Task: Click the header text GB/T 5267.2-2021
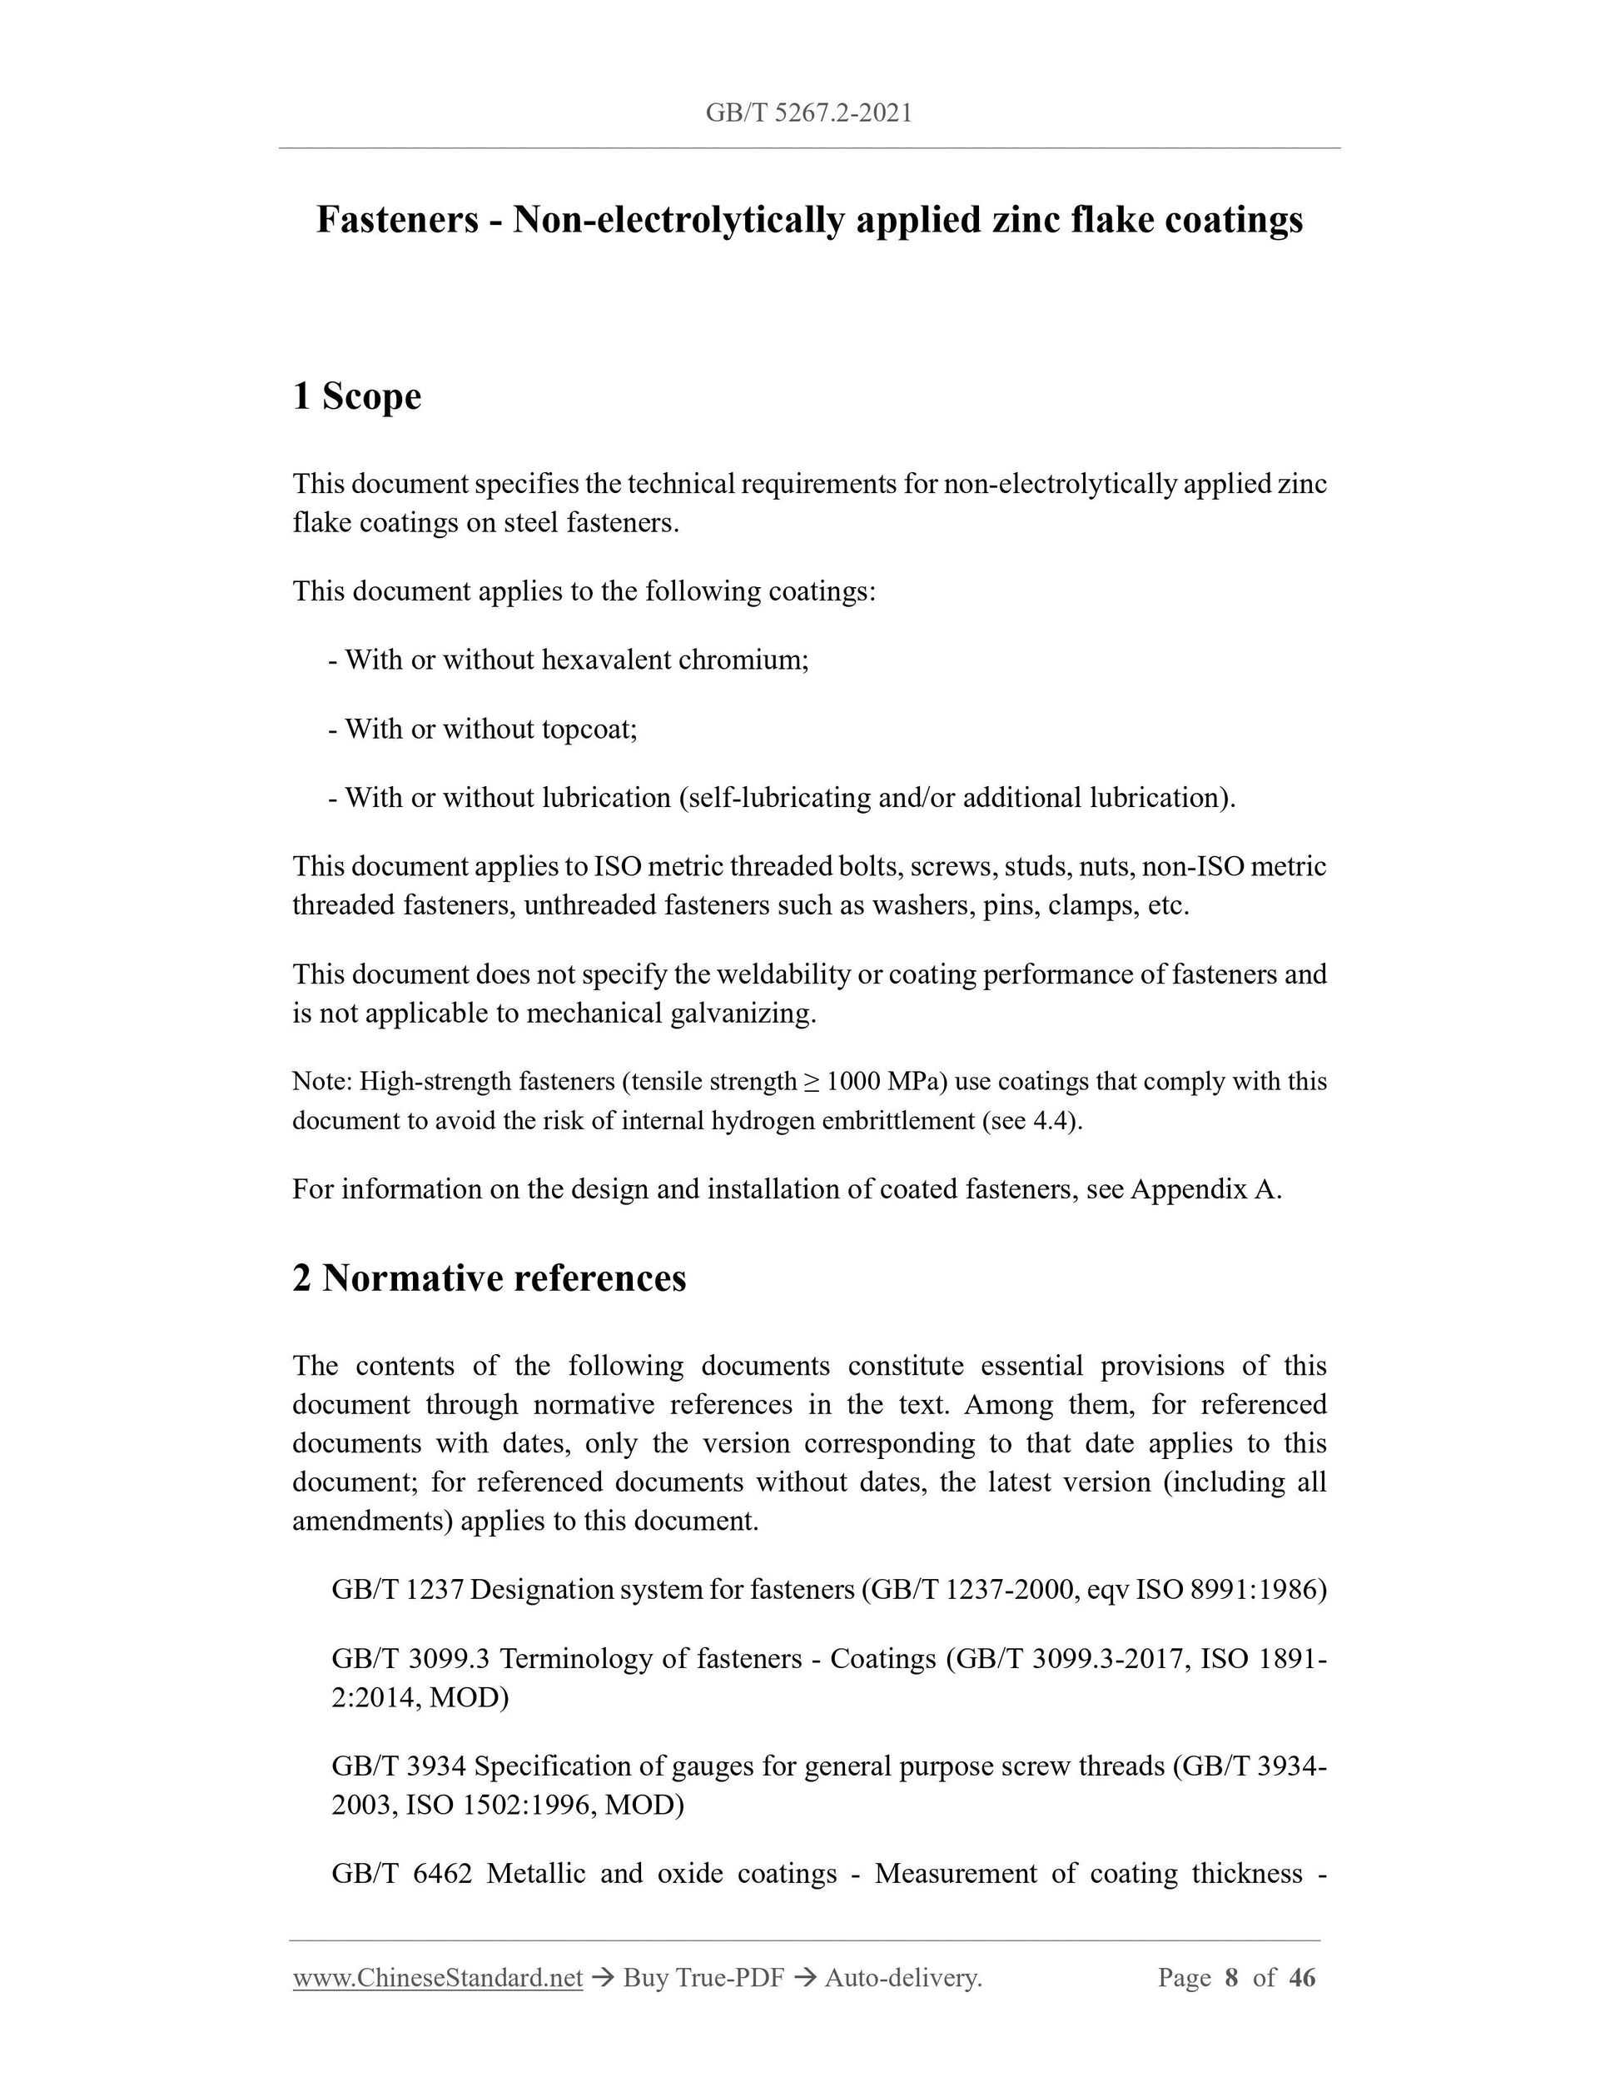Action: [808, 113]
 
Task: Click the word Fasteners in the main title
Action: [397, 220]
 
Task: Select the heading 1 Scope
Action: [356, 396]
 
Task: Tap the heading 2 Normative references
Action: [489, 1278]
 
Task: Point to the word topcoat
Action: [589, 729]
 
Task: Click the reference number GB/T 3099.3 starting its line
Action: [410, 1658]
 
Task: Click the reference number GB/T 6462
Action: [402, 1873]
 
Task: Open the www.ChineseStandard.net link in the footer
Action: [438, 1978]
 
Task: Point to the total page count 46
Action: [1301, 1978]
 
